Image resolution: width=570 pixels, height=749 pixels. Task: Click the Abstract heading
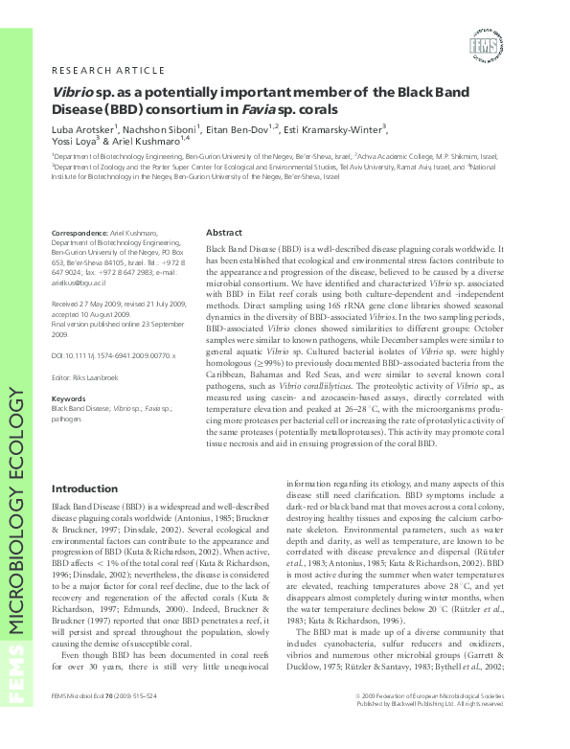[224, 233]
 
